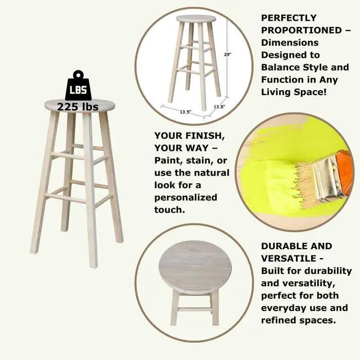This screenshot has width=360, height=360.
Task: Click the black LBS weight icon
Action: pos(78,85)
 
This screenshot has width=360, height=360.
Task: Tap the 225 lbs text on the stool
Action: pos(78,107)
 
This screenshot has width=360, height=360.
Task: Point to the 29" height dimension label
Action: pos(227,55)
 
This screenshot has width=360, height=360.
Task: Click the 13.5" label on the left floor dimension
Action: pos(186,112)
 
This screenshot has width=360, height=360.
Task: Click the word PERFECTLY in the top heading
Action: pos(289,18)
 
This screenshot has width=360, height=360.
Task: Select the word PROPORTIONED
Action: pos(301,30)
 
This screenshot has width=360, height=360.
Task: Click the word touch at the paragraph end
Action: pos(170,210)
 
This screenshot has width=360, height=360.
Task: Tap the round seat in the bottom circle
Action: pos(195,268)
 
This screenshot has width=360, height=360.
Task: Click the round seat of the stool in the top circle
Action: pos(196,19)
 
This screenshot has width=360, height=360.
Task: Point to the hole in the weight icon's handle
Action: pos(79,75)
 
